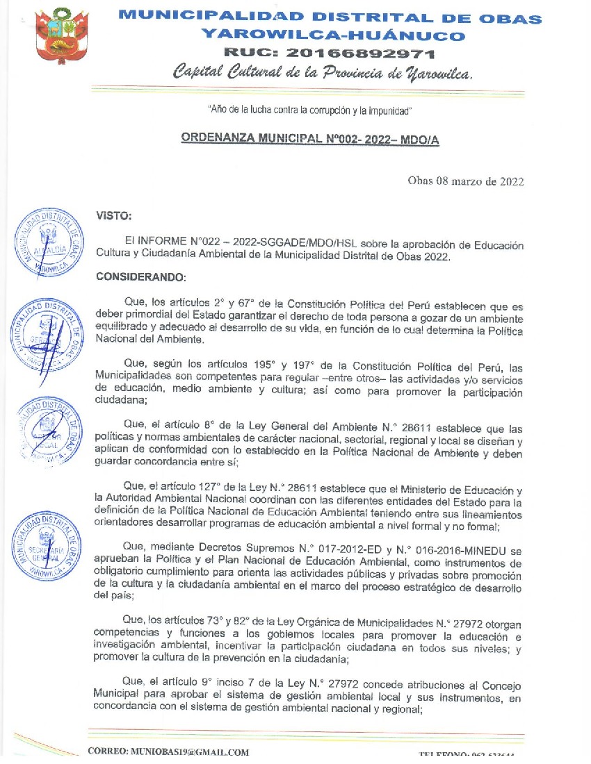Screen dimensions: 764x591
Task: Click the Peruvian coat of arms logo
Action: point(61,38)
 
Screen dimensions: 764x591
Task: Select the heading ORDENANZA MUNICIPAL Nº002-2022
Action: point(310,138)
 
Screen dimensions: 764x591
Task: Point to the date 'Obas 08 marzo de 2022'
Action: point(465,182)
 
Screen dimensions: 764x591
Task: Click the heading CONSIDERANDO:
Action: point(141,277)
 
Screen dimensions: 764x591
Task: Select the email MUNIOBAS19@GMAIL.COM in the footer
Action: point(168,751)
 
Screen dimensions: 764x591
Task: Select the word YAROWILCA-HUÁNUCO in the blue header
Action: point(332,35)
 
